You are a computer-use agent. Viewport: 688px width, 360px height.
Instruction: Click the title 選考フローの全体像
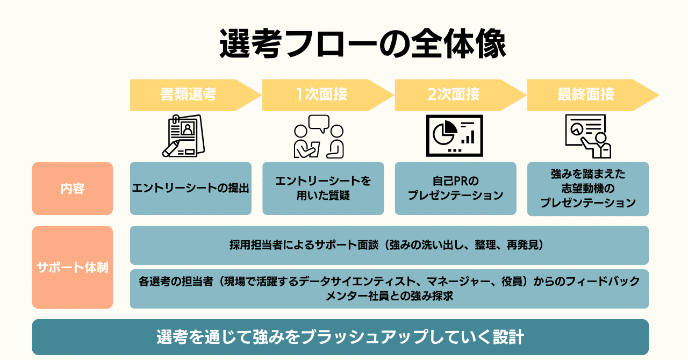point(363,44)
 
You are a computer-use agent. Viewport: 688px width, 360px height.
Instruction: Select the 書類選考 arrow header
point(189,95)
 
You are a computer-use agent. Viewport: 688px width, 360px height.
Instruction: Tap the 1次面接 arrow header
point(321,95)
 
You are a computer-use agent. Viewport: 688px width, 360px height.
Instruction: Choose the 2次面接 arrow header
point(454,95)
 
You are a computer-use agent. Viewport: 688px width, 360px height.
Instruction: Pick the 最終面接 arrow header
point(586,95)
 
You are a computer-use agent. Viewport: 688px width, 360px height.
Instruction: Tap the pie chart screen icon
point(454,136)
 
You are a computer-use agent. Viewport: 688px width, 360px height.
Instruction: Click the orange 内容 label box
point(73,189)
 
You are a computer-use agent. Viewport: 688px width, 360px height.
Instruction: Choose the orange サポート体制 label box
point(73,267)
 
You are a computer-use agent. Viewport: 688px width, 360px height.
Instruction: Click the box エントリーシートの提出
point(191,189)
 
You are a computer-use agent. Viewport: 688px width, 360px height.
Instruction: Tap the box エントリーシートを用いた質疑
point(323,189)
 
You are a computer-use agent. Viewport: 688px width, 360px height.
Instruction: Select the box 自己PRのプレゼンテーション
point(455,189)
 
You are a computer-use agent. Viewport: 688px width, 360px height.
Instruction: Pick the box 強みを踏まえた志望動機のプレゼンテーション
point(587,189)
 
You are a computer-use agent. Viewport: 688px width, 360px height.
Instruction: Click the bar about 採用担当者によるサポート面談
point(389,246)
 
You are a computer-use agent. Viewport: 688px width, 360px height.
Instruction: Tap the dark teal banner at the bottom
point(340,337)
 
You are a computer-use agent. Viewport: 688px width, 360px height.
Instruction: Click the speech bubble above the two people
point(318,124)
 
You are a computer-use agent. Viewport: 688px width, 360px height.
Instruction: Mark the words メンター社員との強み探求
point(389,296)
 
